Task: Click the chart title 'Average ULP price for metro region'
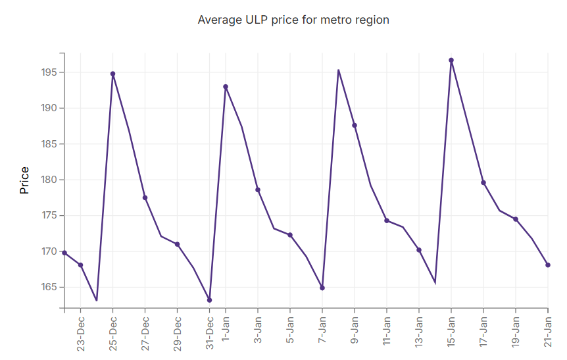pos(293,20)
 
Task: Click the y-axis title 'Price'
pos(24,180)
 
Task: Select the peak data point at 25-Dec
pos(112,74)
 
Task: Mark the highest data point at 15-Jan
pos(451,60)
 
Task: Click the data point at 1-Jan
pos(226,86)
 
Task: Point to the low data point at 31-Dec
pos(209,300)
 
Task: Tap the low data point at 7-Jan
pos(322,288)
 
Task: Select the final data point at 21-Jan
pos(548,265)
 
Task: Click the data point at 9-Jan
pos(355,125)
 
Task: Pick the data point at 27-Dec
pos(145,197)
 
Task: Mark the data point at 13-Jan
pos(419,250)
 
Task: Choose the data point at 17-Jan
pos(483,182)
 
